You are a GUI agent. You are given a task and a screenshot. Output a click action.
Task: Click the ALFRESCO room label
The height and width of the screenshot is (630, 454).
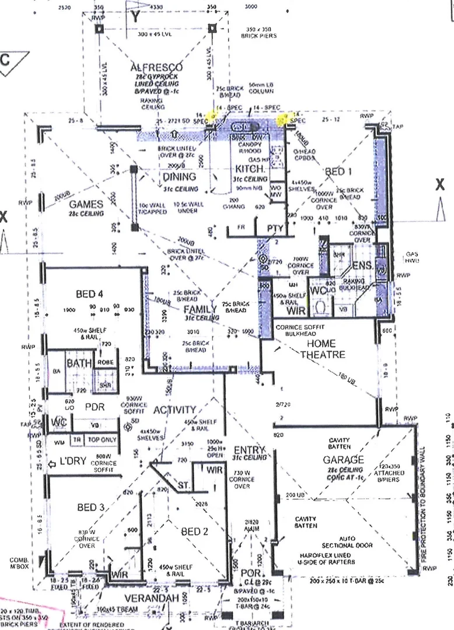[156, 68]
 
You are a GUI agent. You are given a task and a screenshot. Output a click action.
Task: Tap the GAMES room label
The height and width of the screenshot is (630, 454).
[86, 204]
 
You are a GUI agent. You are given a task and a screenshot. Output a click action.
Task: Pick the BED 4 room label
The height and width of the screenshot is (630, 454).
[89, 293]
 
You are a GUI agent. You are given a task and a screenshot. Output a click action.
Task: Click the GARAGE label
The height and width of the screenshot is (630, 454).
[344, 460]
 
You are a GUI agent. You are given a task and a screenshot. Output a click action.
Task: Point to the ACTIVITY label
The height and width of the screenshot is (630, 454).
[174, 410]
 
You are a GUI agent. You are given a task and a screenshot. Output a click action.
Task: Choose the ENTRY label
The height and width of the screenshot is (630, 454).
[249, 450]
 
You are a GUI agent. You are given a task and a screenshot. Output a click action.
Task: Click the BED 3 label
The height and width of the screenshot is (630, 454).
[90, 508]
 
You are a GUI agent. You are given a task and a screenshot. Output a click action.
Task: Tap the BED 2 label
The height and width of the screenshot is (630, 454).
[195, 548]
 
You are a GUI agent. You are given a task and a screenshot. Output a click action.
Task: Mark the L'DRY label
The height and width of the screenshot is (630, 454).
[72, 461]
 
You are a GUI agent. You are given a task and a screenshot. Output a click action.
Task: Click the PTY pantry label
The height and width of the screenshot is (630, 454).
[275, 227]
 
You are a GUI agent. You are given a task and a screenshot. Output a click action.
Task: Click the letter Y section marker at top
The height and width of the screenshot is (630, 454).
[135, 17]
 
